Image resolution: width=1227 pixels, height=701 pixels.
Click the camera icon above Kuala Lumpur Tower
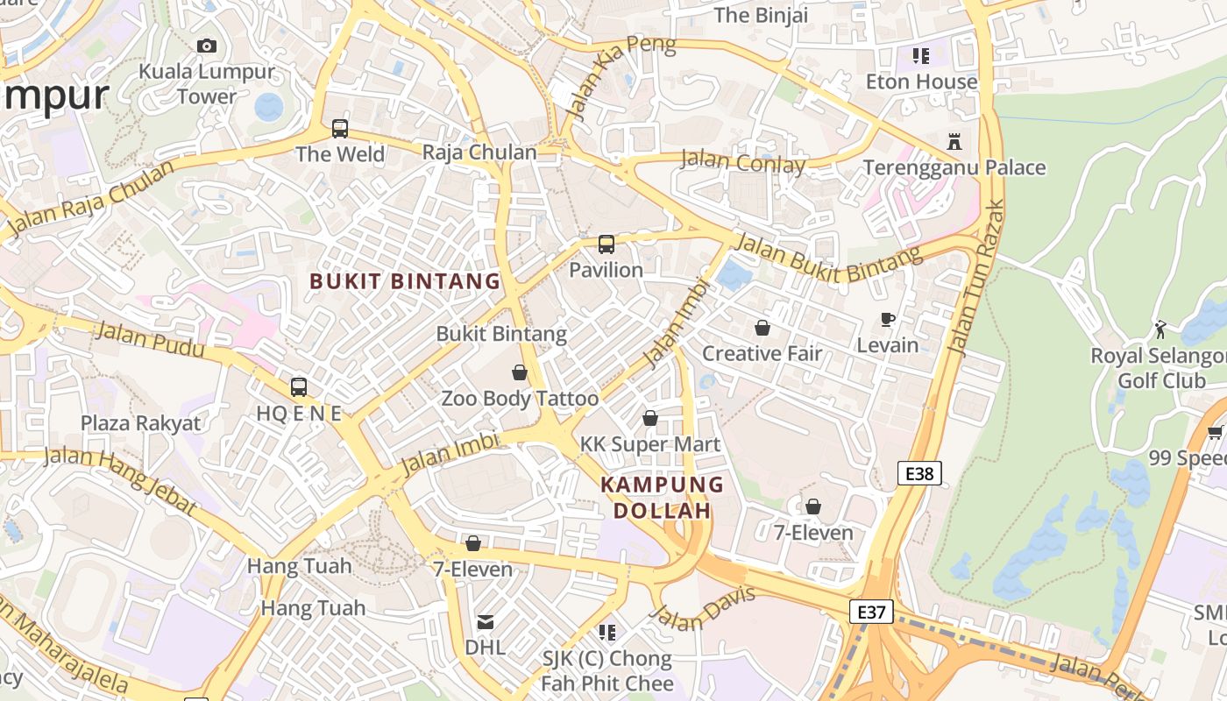[207, 46]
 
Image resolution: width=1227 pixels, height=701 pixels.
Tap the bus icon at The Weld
[340, 129]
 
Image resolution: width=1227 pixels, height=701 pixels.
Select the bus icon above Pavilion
[606, 244]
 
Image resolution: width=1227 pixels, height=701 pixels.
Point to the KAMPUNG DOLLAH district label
[662, 498]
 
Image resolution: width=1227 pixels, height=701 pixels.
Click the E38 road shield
[919, 474]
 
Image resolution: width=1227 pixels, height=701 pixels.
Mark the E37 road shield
[871, 612]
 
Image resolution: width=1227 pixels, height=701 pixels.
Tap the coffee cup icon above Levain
[888, 320]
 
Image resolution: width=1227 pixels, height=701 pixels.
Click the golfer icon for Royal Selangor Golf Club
[1160, 329]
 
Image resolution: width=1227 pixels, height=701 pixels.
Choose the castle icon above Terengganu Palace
[954, 141]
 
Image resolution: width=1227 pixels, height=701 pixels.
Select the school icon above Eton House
[921, 56]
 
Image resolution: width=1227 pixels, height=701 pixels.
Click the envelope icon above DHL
[485, 622]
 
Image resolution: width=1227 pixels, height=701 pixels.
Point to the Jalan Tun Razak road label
[975, 279]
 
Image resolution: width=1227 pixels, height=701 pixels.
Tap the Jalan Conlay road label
[742, 161]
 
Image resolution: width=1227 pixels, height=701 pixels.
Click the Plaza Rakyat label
[140, 423]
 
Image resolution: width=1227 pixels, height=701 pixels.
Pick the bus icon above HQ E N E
[299, 387]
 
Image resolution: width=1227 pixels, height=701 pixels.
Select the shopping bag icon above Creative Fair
[762, 328]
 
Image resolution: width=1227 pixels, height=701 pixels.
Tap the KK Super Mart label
[650, 444]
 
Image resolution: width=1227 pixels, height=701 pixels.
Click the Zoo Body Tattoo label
[520, 399]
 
